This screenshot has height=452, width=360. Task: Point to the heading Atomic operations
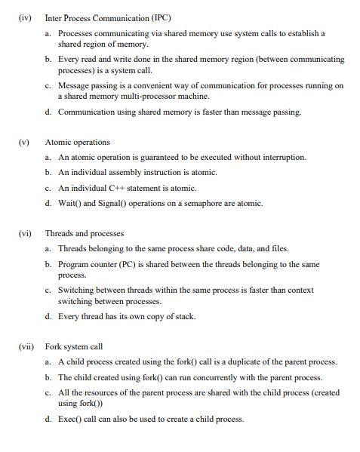click(x=77, y=142)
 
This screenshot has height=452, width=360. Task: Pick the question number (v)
click(x=24, y=142)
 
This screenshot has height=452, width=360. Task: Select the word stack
click(x=183, y=316)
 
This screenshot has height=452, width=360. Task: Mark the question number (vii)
click(x=26, y=346)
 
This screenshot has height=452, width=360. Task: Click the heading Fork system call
click(x=73, y=346)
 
